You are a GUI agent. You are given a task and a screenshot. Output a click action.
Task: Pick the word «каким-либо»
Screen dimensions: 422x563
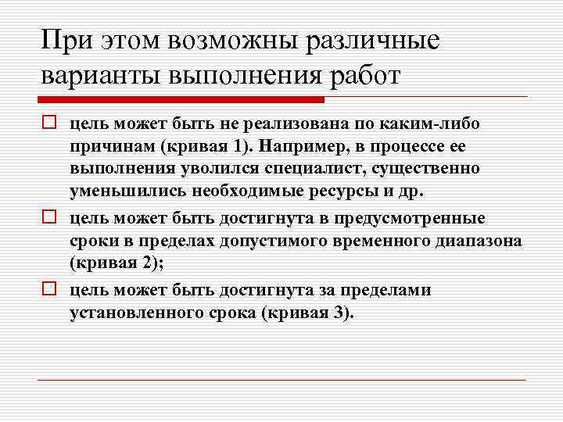tap(441, 124)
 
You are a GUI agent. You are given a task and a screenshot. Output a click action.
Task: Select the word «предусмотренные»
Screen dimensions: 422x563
tap(418, 218)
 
